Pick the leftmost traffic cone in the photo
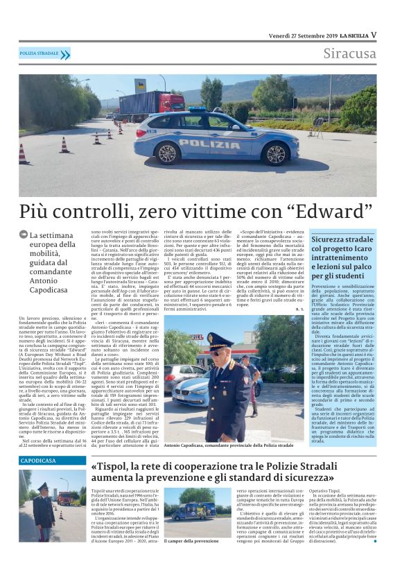pos(22,153)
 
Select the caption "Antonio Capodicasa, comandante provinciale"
pos(229,444)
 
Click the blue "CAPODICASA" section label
pos(39,460)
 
